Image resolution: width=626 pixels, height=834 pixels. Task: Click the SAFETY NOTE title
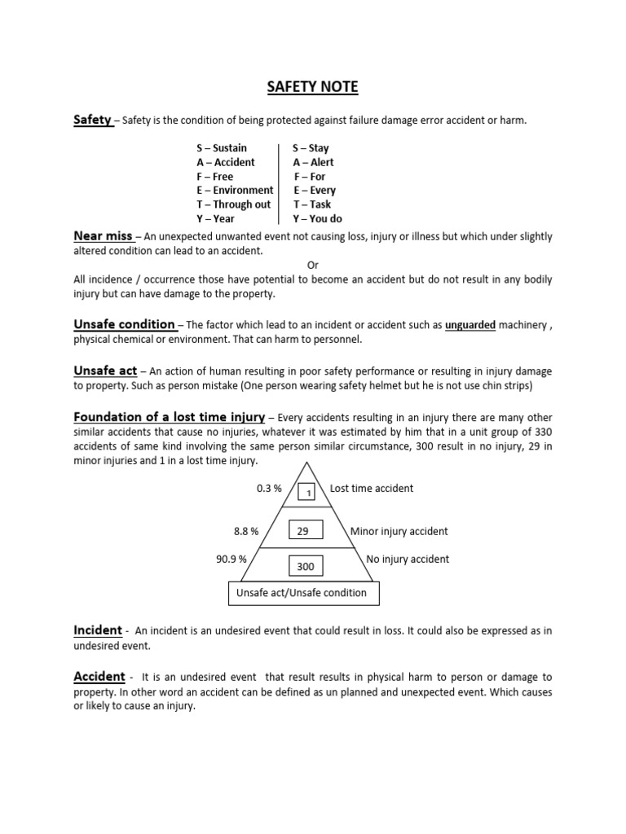pos(313,86)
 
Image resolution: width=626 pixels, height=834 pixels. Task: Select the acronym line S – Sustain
pos(222,148)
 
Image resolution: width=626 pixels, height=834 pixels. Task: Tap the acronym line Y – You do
pos(318,218)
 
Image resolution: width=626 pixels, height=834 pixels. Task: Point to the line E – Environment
pos(235,190)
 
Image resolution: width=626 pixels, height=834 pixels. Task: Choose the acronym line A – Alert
pos(313,162)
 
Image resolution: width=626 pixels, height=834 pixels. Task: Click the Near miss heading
pos(103,236)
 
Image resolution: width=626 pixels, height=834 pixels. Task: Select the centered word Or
pos(312,265)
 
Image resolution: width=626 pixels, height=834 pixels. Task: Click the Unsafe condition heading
pos(125,324)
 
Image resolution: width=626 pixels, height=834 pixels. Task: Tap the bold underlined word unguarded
pos(470,325)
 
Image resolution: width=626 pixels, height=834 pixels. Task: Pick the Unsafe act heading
pos(105,371)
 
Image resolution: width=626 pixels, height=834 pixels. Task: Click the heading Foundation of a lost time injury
pos(169,417)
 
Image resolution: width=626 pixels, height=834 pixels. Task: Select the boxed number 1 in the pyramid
pos(307,493)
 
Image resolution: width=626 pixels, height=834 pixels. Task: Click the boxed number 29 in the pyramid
pos(306,531)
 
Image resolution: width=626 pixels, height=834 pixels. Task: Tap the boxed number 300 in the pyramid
pos(306,566)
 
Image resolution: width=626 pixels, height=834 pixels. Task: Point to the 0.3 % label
pos(268,489)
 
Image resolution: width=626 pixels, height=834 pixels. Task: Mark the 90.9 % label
pos(231,560)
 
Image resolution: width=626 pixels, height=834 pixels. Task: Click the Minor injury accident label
pos(399,531)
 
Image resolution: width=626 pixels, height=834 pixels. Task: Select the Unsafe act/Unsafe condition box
pos(302,593)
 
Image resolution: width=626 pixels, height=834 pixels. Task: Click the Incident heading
pos(98,630)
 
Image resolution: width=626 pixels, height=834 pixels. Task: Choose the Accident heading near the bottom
pos(99,677)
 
